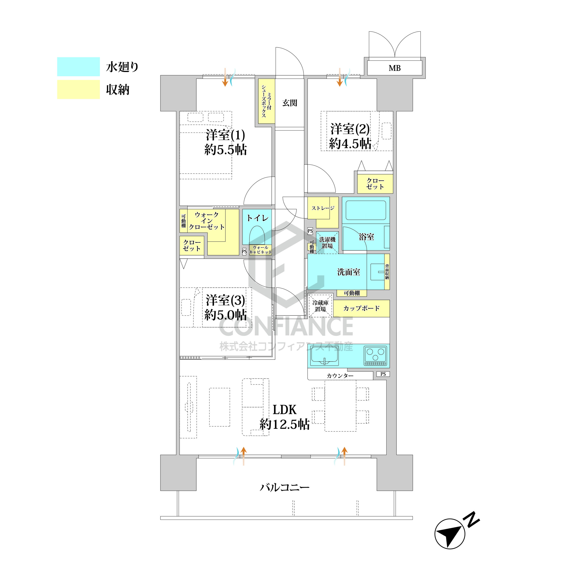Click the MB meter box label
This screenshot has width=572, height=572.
(394, 68)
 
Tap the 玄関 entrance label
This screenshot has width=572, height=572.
(290, 103)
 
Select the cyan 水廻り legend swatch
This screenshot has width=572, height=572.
(78, 67)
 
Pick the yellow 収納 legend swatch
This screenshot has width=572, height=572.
(78, 89)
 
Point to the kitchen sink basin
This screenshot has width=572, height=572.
(324, 356)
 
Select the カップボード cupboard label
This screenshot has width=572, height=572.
(361, 308)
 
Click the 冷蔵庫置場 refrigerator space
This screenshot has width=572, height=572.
(320, 305)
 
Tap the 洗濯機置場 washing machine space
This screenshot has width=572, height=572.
(327, 242)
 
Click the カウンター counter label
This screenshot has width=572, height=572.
(340, 376)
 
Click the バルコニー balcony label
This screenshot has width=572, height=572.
(284, 487)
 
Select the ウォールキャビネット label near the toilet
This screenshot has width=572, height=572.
(260, 250)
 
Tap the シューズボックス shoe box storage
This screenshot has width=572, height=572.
(267, 101)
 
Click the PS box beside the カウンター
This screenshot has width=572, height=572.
(383, 374)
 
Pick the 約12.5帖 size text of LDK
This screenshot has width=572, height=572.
(284, 424)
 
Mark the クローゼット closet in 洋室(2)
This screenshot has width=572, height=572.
(375, 184)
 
